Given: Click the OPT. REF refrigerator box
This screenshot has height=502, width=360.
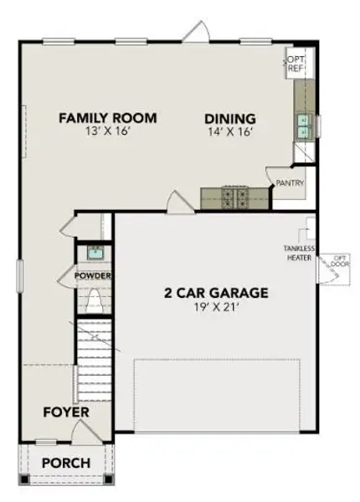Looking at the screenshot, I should click(x=295, y=65).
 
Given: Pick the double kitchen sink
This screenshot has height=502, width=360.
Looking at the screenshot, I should click(x=300, y=125).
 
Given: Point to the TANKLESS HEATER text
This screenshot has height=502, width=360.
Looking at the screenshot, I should click(x=298, y=254).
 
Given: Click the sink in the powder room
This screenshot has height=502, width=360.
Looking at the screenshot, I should click(x=93, y=252).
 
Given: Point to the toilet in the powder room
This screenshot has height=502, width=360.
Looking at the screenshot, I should click(x=93, y=300).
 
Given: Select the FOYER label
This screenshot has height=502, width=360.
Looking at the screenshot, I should click(x=66, y=412).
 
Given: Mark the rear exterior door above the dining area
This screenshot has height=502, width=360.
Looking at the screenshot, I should click(x=193, y=32).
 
